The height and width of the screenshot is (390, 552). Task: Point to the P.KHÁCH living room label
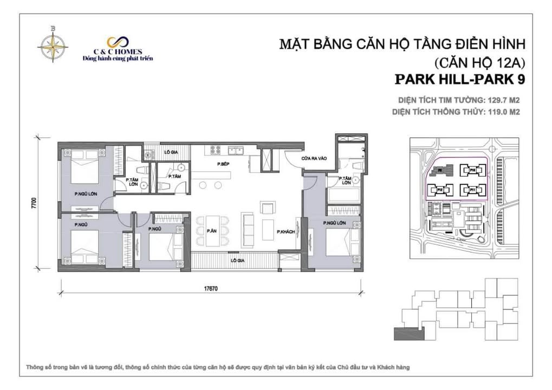pyautogui.click(x=285, y=232)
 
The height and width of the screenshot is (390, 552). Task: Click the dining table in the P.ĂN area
pyautogui.click(x=212, y=232)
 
